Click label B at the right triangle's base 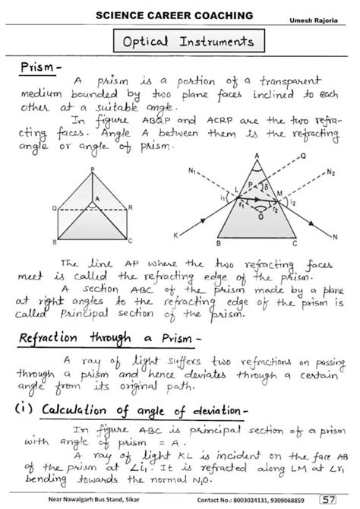click(x=218, y=244)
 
